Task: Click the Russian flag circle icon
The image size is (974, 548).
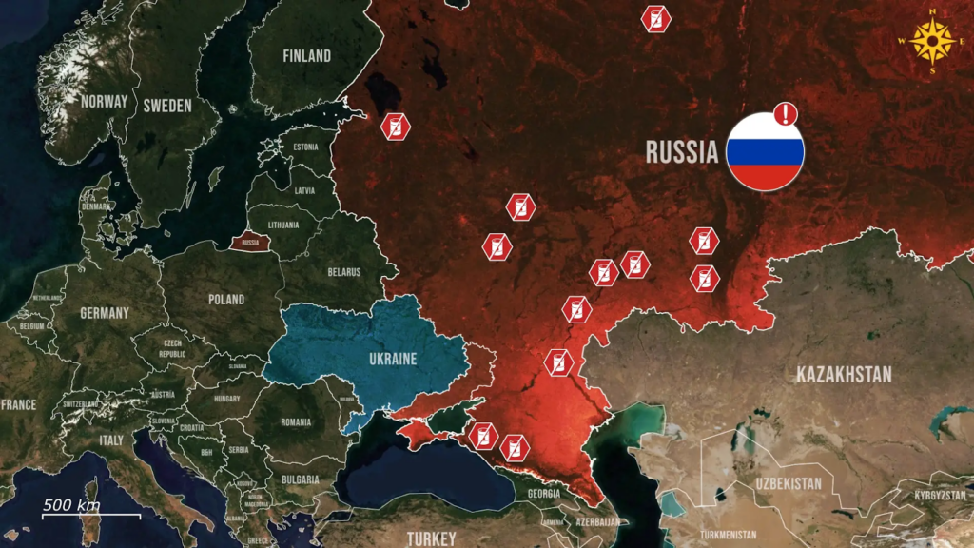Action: pyautogui.click(x=766, y=152)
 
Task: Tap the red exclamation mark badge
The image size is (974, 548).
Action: pyautogui.click(x=786, y=114)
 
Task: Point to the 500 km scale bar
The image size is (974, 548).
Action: pyautogui.click(x=91, y=510)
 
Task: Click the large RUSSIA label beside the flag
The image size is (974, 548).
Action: pyautogui.click(x=681, y=152)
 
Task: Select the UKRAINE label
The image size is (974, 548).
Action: pyautogui.click(x=393, y=359)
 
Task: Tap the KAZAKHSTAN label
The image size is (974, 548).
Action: pyautogui.click(x=844, y=374)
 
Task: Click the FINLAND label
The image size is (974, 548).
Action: pyautogui.click(x=306, y=56)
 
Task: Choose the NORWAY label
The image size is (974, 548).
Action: pyautogui.click(x=104, y=102)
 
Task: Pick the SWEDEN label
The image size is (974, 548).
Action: pyautogui.click(x=167, y=106)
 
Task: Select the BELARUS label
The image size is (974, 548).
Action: pyautogui.click(x=344, y=272)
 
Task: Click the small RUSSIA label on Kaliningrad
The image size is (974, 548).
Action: pyautogui.click(x=251, y=243)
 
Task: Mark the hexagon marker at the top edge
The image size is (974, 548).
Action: pyautogui.click(x=654, y=18)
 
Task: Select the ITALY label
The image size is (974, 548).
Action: pyautogui.click(x=111, y=440)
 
